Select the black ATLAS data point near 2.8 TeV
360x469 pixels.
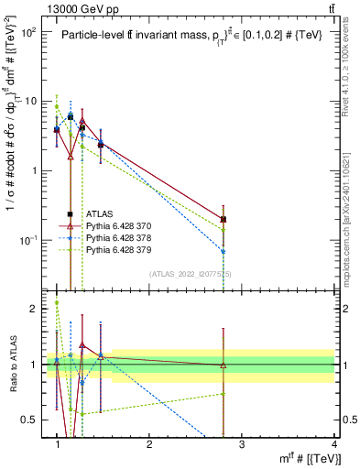point(224,219)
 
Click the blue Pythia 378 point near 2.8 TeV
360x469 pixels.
point(224,251)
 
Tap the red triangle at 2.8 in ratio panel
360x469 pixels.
point(224,365)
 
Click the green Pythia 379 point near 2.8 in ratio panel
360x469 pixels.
point(224,394)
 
